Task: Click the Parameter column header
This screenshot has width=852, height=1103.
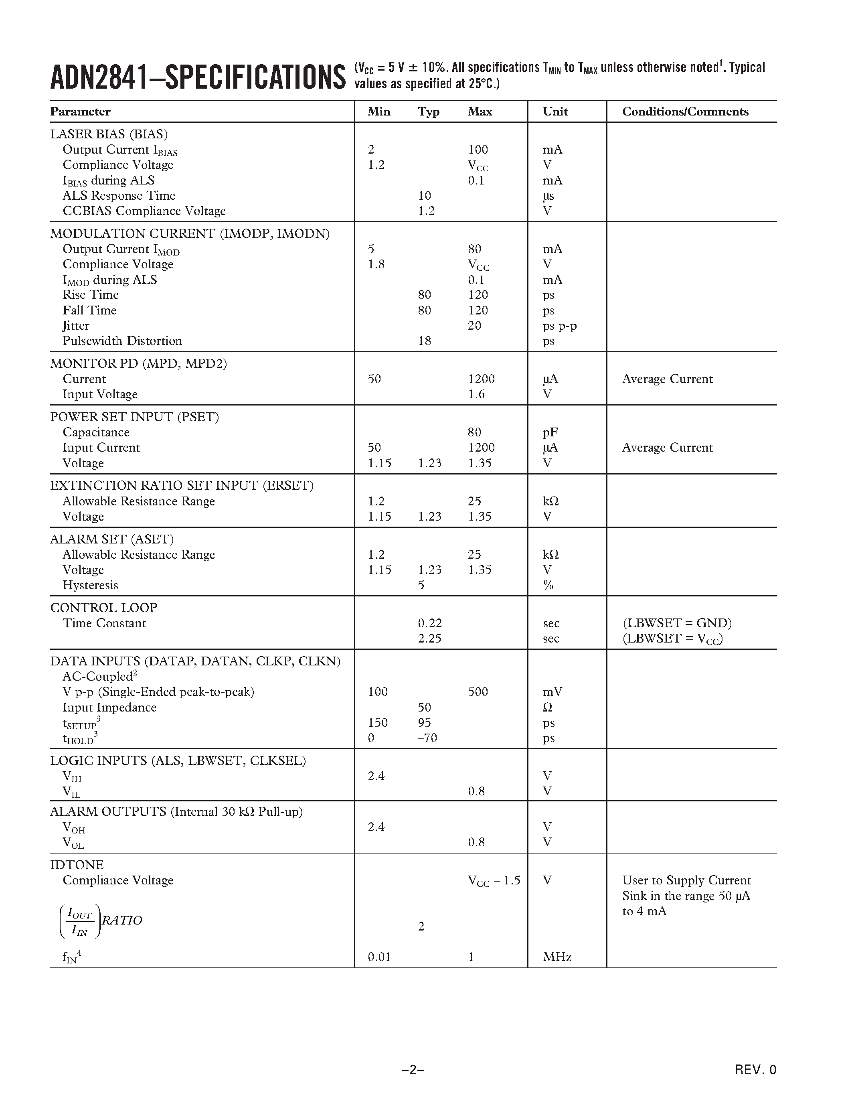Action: [x=80, y=112]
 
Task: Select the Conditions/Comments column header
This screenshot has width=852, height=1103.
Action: [x=685, y=112]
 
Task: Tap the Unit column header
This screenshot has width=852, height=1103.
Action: [x=555, y=112]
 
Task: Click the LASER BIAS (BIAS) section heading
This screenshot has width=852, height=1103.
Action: [x=109, y=134]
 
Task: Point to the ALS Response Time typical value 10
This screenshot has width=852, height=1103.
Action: [x=425, y=195]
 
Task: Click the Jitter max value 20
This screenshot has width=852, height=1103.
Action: [x=474, y=326]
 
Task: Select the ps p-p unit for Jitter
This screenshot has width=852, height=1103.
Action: [x=560, y=326]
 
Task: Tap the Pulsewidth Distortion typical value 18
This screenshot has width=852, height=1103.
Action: [x=425, y=341]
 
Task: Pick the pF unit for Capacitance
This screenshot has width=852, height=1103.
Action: [x=550, y=432]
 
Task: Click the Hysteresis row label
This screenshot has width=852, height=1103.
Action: [x=90, y=585]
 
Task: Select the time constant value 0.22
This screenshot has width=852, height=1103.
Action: [x=429, y=623]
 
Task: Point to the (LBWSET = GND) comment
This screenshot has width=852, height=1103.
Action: [x=677, y=623]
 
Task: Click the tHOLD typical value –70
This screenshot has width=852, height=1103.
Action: [x=427, y=738]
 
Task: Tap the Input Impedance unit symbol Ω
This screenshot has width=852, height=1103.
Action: [x=548, y=708]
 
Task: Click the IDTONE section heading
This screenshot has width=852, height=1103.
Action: [x=77, y=865]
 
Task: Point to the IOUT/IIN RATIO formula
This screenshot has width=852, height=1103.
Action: [x=101, y=921]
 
